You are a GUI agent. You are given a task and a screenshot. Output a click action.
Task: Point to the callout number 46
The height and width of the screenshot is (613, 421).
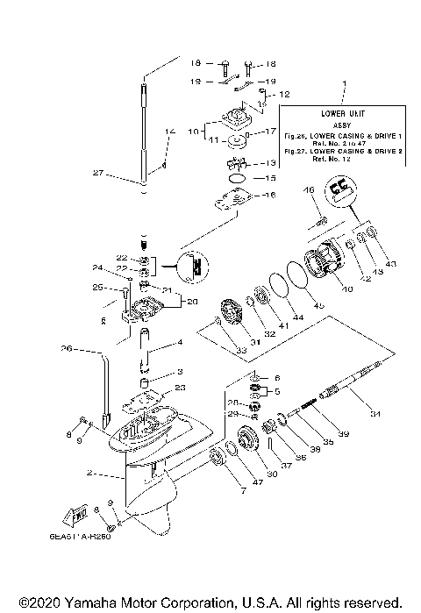point(308,190)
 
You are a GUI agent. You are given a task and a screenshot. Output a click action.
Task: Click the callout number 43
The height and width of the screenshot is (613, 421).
point(390,264)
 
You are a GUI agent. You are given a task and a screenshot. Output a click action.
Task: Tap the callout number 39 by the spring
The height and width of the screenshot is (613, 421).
point(344,434)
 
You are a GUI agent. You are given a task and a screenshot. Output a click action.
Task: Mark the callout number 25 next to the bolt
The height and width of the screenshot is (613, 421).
point(99,287)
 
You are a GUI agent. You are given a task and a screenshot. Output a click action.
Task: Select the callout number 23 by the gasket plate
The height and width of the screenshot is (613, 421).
point(180,388)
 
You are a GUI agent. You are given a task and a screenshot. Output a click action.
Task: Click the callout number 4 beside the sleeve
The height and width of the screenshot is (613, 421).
point(180,342)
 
